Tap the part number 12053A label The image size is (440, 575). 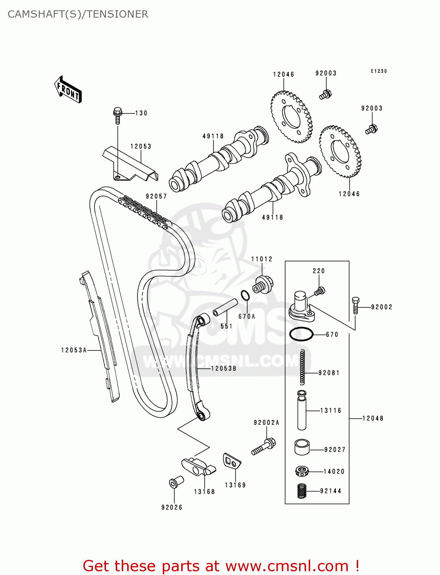point(74,350)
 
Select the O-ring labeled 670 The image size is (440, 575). point(301,334)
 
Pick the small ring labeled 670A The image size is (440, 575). point(245,296)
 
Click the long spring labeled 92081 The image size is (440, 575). point(303,367)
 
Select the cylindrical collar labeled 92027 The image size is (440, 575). point(302,447)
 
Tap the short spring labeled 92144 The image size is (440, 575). point(302,491)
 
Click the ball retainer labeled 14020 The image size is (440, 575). point(302,471)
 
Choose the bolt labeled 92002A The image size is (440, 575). point(264,446)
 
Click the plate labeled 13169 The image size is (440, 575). point(232,461)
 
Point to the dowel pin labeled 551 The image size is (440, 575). point(225,307)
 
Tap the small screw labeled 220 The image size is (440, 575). point(319,292)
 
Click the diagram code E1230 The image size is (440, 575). point(379,71)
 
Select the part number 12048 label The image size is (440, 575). point(372,418)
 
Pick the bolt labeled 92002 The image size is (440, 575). point(356,305)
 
